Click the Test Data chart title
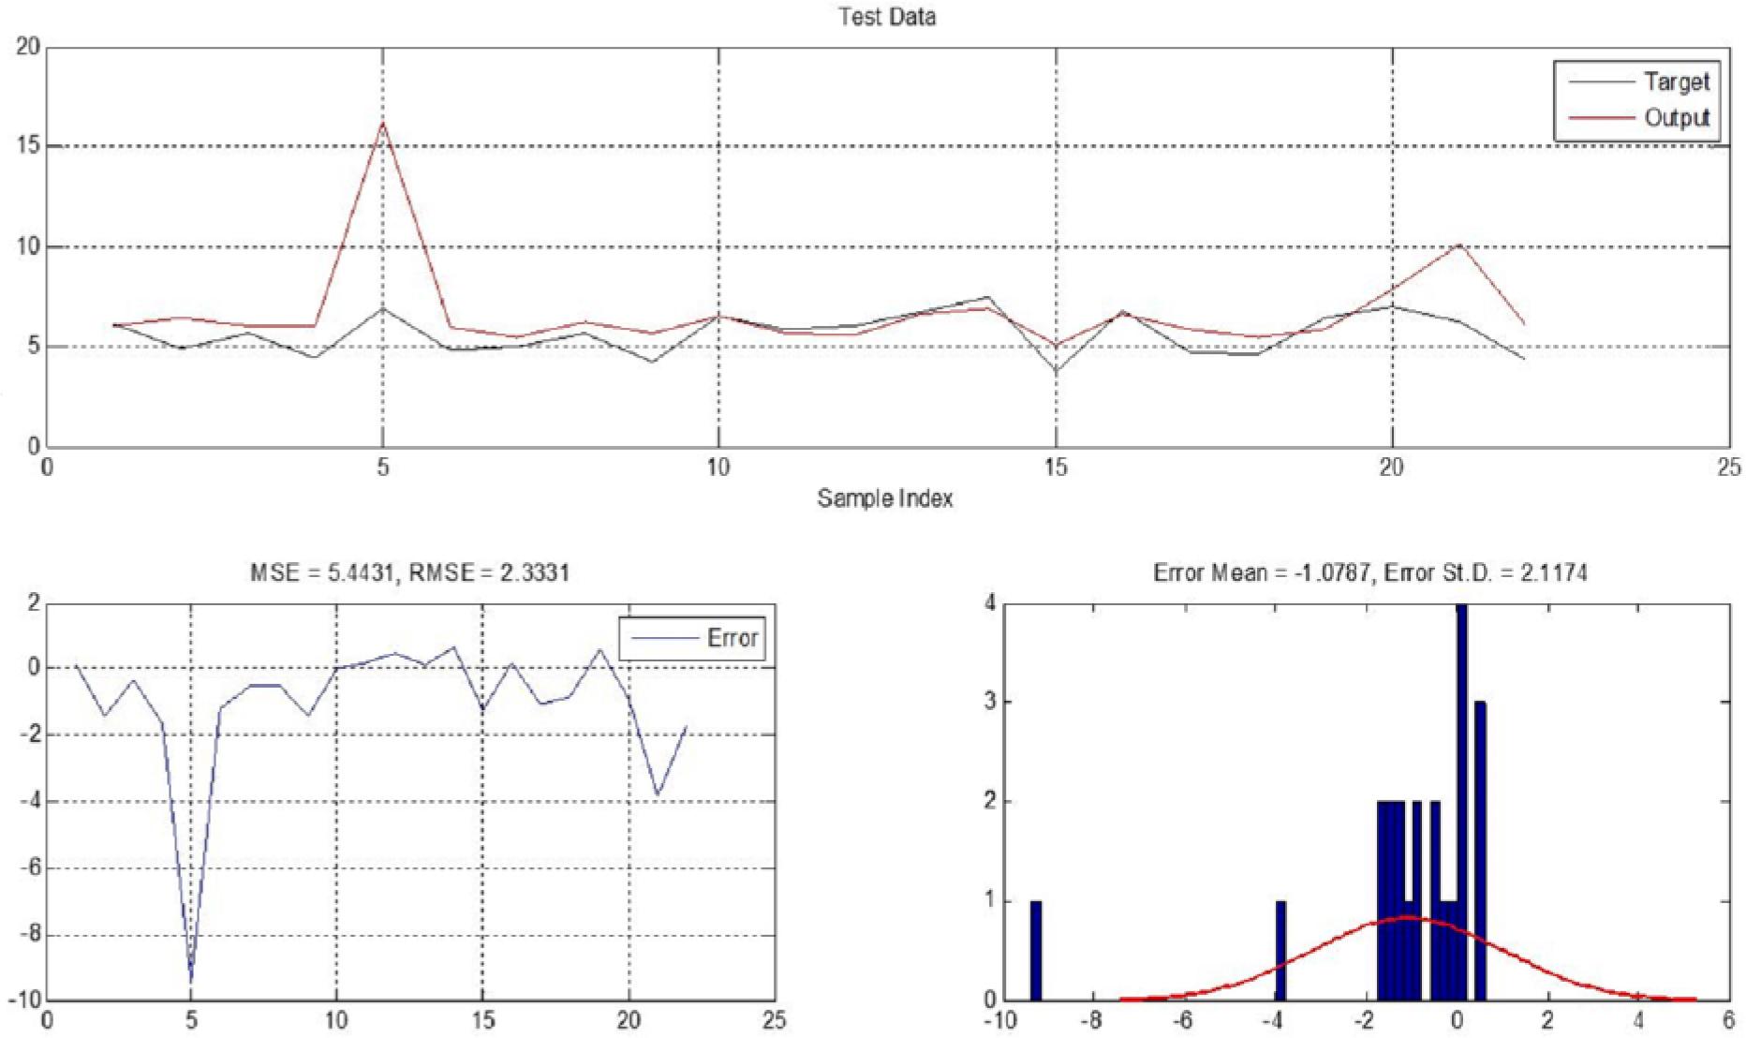[x=886, y=17]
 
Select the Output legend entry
[x=1677, y=118]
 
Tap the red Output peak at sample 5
[x=382, y=124]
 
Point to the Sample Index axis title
[x=884, y=497]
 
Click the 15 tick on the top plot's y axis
[x=27, y=146]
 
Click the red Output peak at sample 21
[x=1459, y=245]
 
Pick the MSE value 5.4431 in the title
[x=360, y=572]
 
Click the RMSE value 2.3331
[x=534, y=572]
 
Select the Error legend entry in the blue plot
[x=732, y=638]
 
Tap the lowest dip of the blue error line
[x=191, y=979]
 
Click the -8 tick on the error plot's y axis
[x=28, y=935]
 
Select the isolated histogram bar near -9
[x=1036, y=950]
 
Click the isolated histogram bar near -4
[x=1280, y=950]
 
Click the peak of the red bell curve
[x=1407, y=917]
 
